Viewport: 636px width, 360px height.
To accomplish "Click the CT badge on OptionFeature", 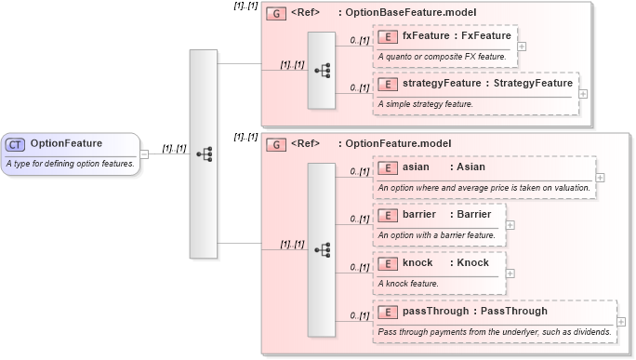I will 16,144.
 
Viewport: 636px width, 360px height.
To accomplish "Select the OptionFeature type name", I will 66,144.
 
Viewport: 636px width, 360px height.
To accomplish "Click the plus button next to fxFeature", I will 523,46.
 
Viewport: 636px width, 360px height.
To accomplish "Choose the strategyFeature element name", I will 443,84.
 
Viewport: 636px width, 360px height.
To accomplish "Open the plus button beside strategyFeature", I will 583,93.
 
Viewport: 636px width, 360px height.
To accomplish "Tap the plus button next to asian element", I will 600,176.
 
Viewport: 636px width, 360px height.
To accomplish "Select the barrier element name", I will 419,215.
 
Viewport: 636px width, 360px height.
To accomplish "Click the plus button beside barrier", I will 510,224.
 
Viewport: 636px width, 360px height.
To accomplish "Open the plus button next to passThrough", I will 620,321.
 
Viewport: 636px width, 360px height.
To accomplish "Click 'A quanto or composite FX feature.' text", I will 442,57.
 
